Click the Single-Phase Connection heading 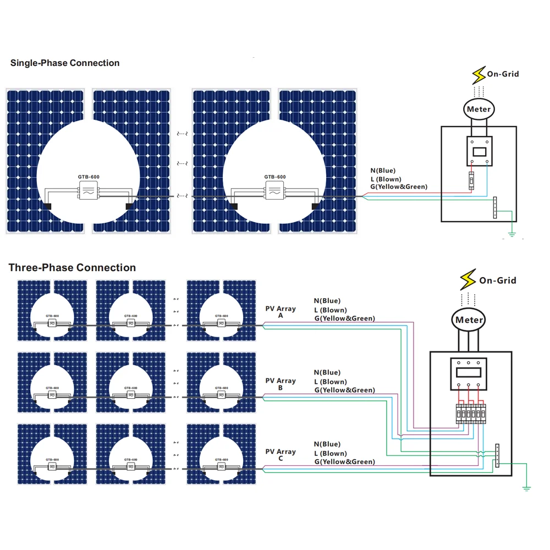pyautogui.click(x=65, y=63)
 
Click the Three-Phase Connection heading pyautogui.click(x=72, y=268)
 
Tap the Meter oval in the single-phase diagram pyautogui.click(x=479, y=109)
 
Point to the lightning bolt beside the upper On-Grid pyautogui.click(x=479, y=74)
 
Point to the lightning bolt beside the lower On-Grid pyautogui.click(x=468, y=279)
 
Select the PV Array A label pyautogui.click(x=280, y=312)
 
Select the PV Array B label pyautogui.click(x=280, y=384)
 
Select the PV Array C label pyautogui.click(x=280, y=455)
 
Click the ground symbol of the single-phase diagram pyautogui.click(x=512, y=234)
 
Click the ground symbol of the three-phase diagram pyautogui.click(x=526, y=487)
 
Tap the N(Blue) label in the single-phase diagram pyautogui.click(x=383, y=170)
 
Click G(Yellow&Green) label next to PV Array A pyautogui.click(x=345, y=318)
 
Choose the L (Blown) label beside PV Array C pyautogui.click(x=331, y=453)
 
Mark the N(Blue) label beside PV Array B pyautogui.click(x=327, y=372)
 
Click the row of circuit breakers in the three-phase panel pyautogui.click(x=471, y=414)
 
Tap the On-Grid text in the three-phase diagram pyautogui.click(x=498, y=280)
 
